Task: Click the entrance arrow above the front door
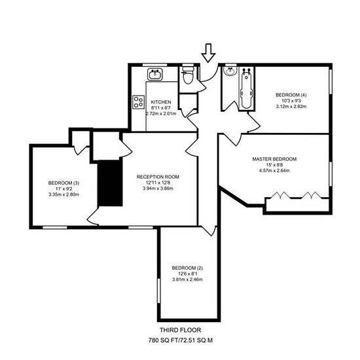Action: pos(208,53)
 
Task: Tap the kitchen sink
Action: pos(155,74)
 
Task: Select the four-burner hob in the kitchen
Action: pos(139,102)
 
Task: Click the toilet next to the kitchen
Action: pos(189,75)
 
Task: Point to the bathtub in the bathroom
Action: pos(246,88)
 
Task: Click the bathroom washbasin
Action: pos(230,71)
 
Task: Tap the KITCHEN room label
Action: pos(161,102)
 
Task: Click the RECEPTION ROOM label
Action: pos(158,177)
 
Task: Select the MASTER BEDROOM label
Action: pos(274,159)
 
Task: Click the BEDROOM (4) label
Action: pos(291,95)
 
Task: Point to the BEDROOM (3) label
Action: pos(64,183)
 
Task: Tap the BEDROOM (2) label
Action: pos(187,268)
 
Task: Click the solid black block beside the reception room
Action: pos(110,183)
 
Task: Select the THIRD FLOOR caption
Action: pos(181,330)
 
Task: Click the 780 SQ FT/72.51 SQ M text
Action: pos(181,340)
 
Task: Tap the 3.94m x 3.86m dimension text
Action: pos(158,189)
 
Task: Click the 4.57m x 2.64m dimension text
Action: pos(274,171)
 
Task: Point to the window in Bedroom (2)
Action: pos(158,291)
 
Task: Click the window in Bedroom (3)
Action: pos(55,228)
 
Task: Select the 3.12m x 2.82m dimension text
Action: pos(291,107)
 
